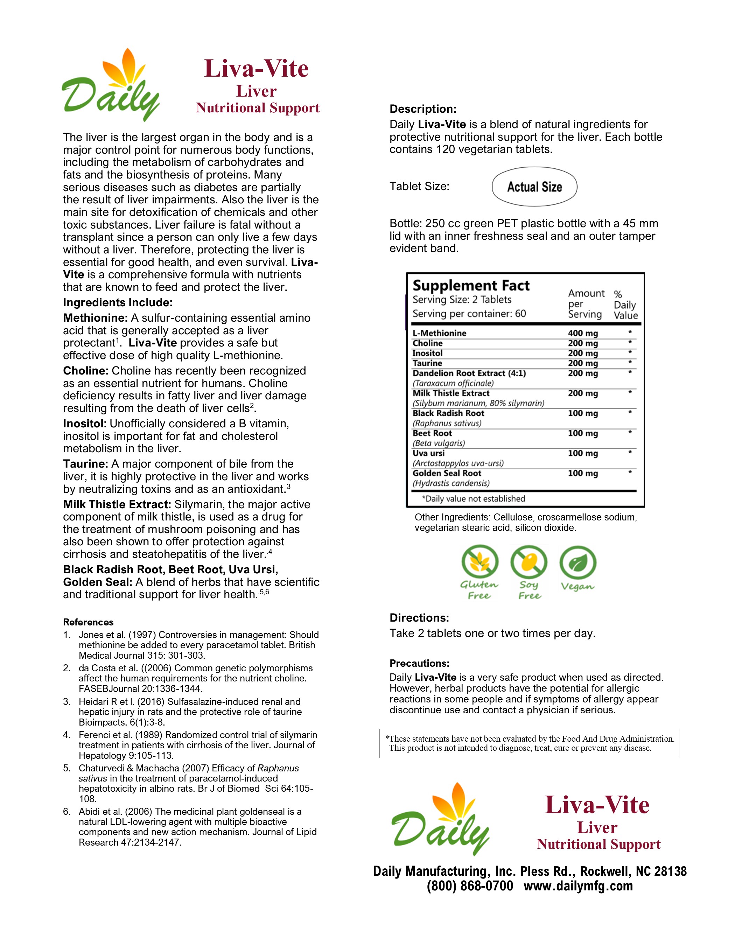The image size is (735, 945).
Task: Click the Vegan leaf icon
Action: (577, 563)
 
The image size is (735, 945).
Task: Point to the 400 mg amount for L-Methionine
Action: (582, 333)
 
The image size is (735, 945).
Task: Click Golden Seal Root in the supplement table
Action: (447, 473)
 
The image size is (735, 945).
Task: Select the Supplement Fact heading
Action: (471, 286)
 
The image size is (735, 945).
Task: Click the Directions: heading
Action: (419, 618)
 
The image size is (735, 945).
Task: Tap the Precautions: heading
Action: (419, 663)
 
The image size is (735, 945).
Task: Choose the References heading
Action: (88, 622)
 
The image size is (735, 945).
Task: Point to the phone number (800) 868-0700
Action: (470, 886)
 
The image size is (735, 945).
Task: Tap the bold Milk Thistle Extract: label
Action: (117, 504)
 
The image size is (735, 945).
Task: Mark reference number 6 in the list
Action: (66, 812)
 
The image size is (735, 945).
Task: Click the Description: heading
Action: (423, 109)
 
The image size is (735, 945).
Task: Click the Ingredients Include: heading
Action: (118, 302)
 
